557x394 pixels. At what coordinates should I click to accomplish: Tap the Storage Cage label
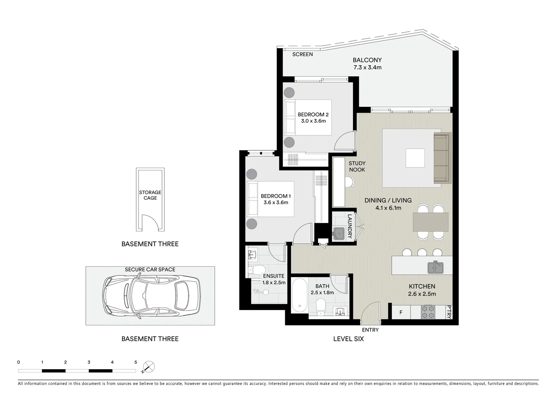150,195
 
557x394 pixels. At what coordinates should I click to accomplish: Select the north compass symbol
149,367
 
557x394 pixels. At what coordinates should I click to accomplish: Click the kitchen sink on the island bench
435,267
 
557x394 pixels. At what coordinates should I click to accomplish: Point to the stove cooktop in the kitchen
428,312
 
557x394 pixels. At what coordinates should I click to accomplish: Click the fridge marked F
401,312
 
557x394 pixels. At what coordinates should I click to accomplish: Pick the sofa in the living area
442,158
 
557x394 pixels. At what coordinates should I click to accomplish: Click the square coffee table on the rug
415,158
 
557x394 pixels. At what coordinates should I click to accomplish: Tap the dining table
430,222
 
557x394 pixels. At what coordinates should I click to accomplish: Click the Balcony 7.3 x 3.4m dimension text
367,67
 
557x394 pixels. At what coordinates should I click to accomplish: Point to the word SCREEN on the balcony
302,54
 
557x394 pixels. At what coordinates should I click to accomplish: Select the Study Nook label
357,166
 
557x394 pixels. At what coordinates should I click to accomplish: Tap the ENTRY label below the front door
370,330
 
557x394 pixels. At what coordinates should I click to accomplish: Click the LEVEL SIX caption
348,339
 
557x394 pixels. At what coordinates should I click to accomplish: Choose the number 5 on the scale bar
136,362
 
